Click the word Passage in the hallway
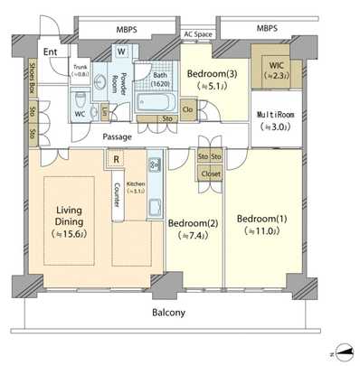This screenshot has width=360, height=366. click(118, 136)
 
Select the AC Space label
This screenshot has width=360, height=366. click(198, 34)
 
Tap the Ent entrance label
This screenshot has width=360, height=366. click(52, 52)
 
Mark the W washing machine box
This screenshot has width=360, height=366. click(120, 51)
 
